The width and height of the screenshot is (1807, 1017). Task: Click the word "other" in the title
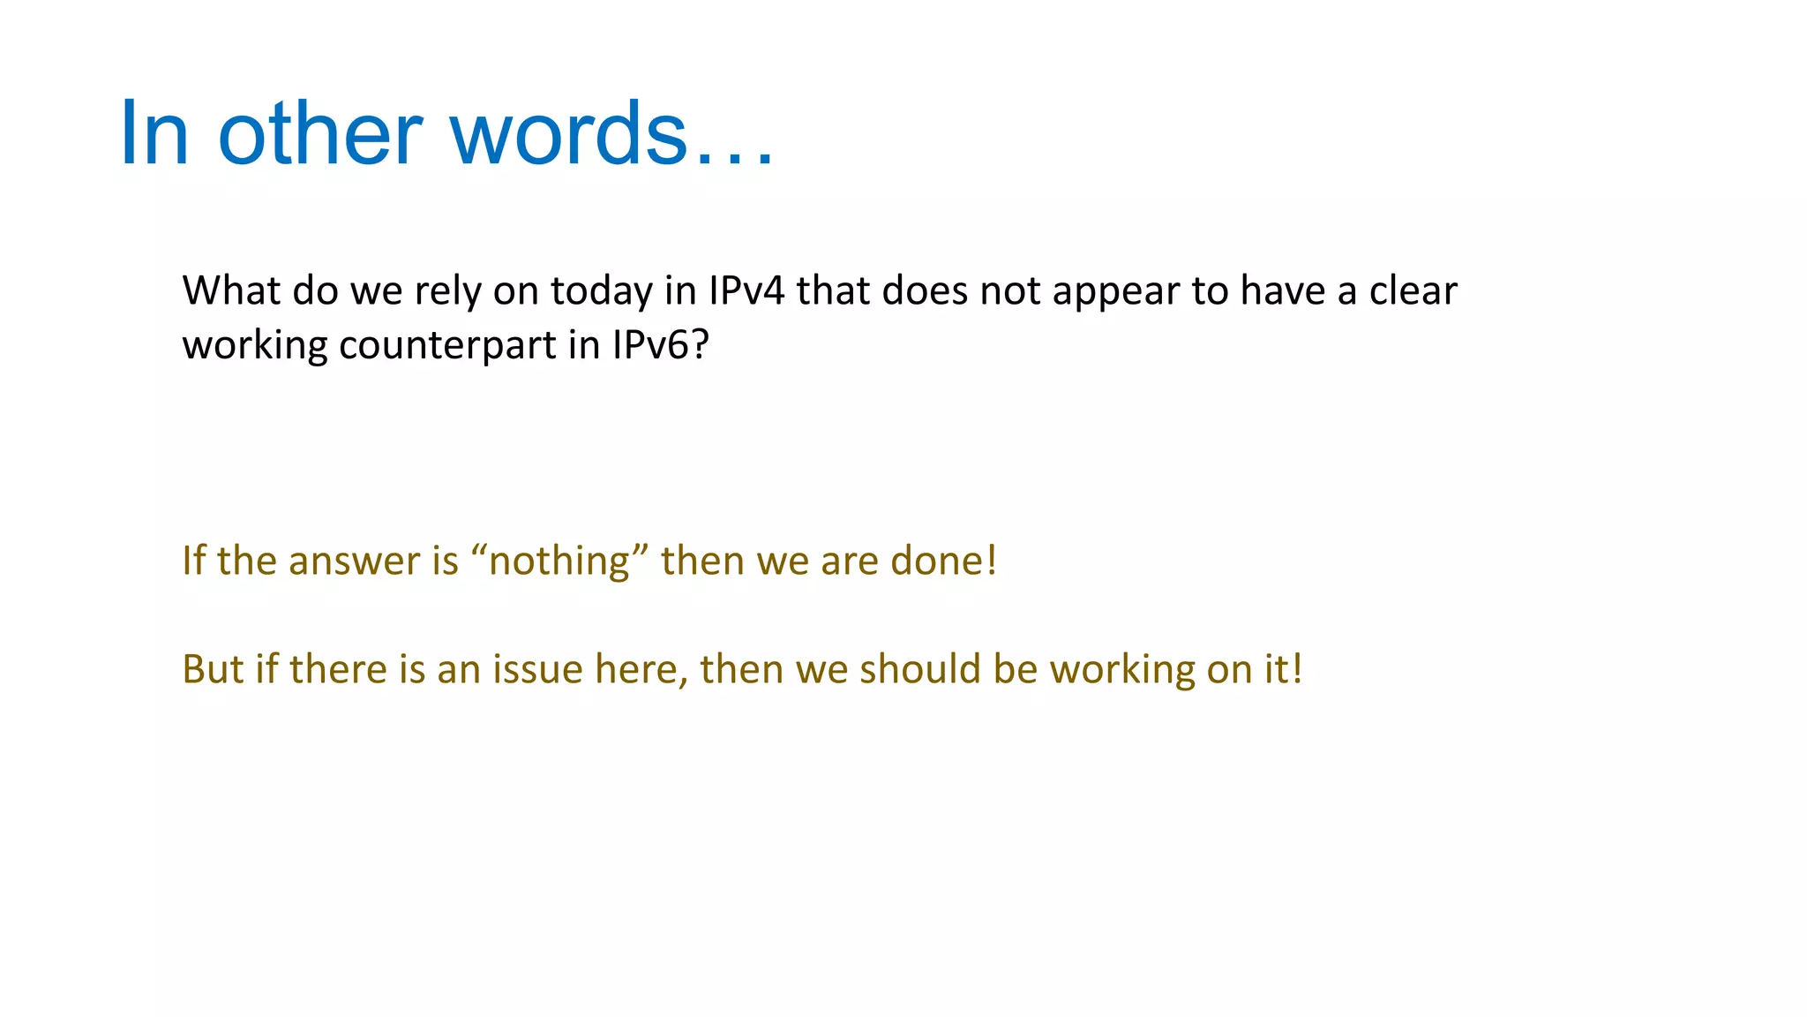(320, 133)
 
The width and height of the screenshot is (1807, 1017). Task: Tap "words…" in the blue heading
(612, 133)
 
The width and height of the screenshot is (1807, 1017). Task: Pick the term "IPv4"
(746, 290)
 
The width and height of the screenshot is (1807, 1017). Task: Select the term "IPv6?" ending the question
(661, 344)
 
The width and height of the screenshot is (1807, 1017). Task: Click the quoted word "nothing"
(559, 561)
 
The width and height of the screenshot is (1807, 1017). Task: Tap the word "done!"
(943, 561)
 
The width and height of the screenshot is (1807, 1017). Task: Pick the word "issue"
(537, 669)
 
